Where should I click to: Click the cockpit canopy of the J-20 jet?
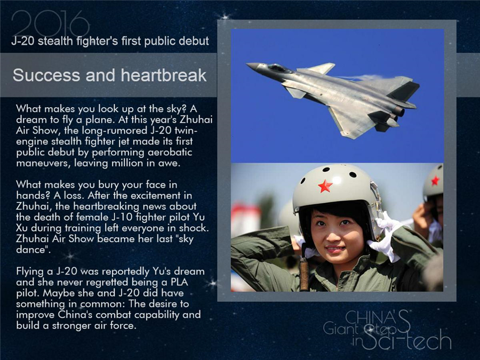pos(278,68)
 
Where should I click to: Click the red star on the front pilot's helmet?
pos(325,186)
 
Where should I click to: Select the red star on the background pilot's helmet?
pos(435,180)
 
